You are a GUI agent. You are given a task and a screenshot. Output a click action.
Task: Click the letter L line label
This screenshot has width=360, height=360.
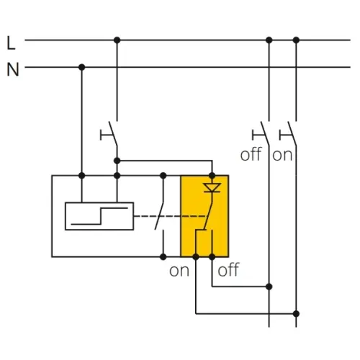click(11, 43)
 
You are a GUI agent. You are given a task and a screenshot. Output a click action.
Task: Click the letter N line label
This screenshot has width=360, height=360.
click(13, 70)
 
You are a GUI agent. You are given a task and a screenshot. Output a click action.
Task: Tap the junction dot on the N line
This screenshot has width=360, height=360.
click(82, 67)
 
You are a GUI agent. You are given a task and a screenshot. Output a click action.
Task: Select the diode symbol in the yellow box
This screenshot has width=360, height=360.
click(212, 187)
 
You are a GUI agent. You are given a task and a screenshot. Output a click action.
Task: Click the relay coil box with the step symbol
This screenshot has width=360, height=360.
click(99, 216)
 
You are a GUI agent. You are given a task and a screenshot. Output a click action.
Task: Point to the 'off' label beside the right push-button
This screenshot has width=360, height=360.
click(251, 155)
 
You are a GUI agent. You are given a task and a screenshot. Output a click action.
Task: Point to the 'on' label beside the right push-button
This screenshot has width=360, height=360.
click(282, 156)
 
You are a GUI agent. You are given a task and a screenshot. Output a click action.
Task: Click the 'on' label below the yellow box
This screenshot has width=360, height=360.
click(179, 271)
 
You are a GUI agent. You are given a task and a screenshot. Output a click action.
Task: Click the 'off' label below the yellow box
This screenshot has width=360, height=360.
click(228, 270)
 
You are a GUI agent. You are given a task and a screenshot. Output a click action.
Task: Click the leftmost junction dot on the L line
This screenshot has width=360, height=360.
click(117, 40)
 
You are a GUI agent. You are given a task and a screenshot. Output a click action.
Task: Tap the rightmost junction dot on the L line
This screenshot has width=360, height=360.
click(296, 40)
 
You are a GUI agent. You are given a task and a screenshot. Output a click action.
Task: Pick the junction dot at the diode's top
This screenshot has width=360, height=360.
click(212, 176)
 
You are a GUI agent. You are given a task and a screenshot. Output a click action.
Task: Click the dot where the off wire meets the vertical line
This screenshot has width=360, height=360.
click(269, 287)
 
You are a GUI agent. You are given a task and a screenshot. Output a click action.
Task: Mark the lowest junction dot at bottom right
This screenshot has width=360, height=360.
click(296, 314)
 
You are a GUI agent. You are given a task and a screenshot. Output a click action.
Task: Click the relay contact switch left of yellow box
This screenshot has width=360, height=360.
click(160, 216)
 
